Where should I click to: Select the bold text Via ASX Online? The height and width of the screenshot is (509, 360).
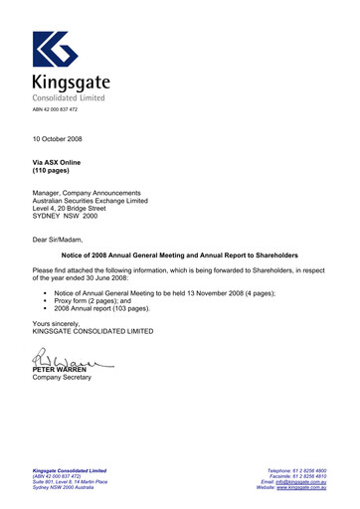[x=58, y=162]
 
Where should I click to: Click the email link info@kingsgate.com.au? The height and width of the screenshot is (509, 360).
[x=302, y=481]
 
